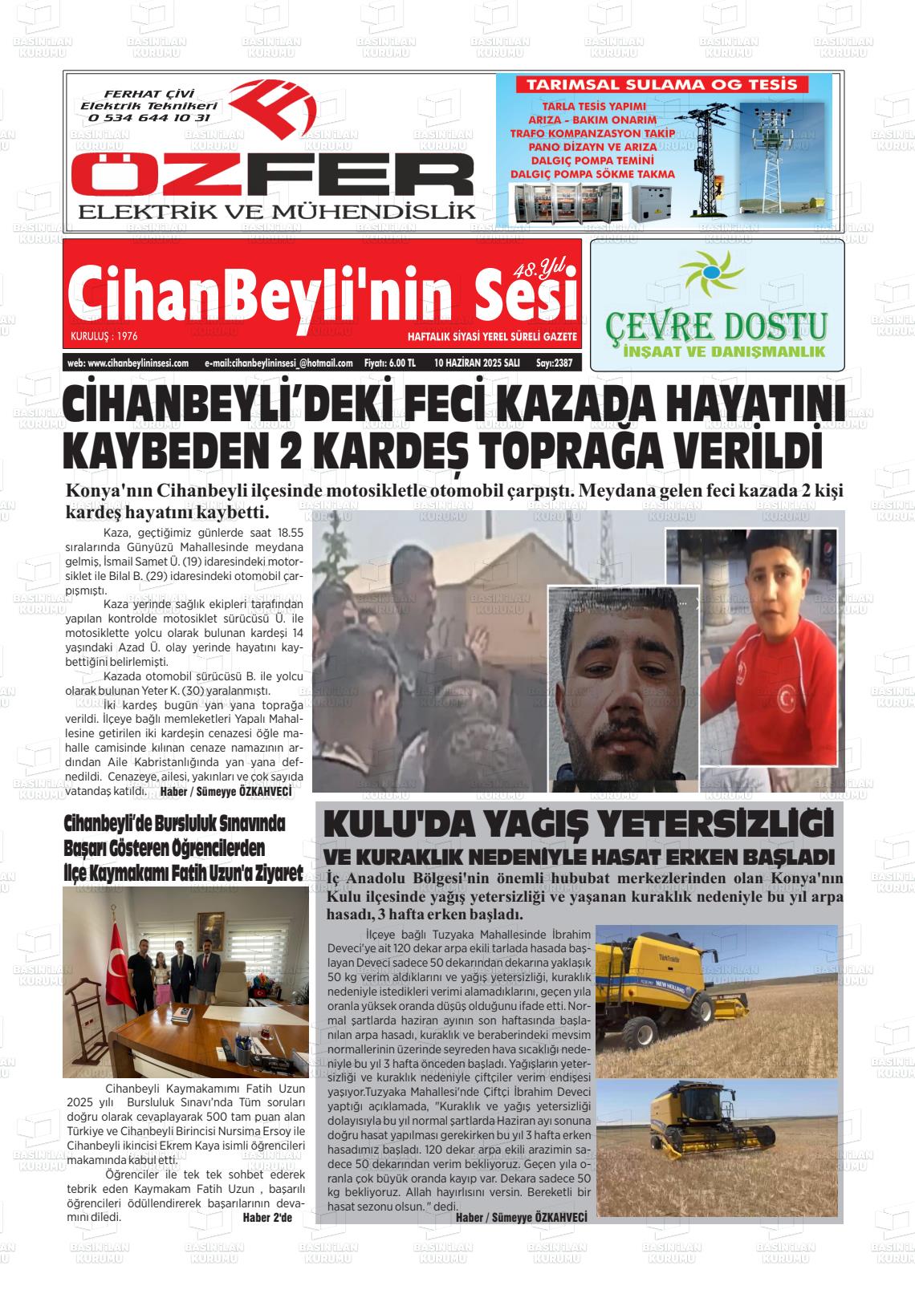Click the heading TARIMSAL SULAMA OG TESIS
[x=661, y=84]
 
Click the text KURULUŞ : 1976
[x=104, y=336]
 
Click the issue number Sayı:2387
[x=555, y=363]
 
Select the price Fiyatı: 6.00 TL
[x=389, y=363]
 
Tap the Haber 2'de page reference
[x=267, y=1217]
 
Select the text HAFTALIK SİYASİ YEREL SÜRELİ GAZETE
[x=492, y=336]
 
